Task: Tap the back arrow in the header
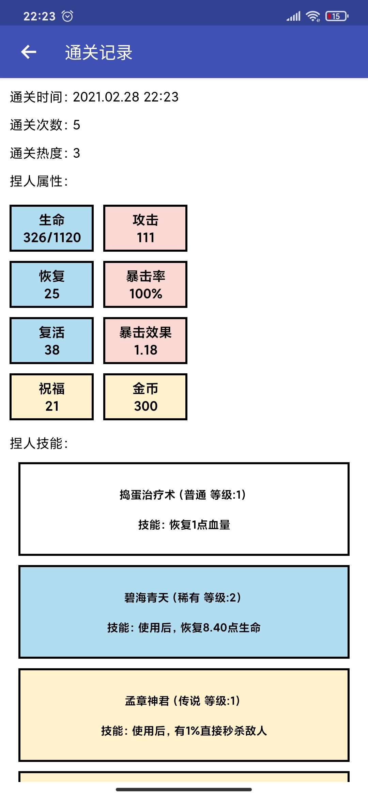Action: point(29,52)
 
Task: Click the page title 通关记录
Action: point(98,52)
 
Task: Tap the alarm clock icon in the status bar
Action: point(67,16)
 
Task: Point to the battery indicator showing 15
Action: point(336,16)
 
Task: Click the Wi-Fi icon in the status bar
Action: point(312,16)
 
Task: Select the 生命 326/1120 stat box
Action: point(52,228)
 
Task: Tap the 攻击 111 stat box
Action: point(145,228)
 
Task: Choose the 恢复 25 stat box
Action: point(52,284)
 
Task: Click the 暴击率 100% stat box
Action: point(145,284)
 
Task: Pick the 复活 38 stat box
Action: point(52,341)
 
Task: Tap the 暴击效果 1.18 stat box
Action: point(145,341)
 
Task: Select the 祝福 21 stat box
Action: point(52,397)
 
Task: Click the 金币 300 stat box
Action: point(145,397)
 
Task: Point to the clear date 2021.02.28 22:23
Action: point(125,97)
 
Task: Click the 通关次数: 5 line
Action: point(45,125)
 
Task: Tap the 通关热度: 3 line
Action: point(45,153)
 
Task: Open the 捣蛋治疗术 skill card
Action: point(184,509)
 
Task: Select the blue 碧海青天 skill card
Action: point(184,612)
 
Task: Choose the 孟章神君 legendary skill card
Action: point(184,715)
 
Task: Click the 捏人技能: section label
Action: point(39,443)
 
